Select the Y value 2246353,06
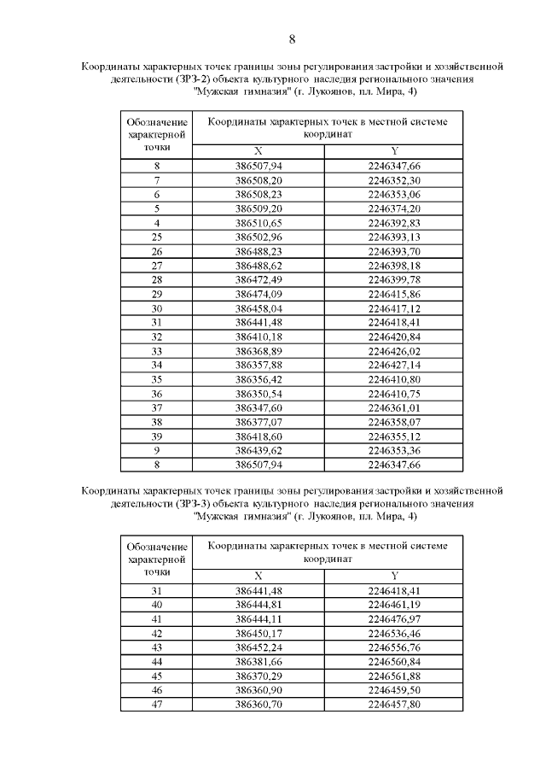tap(393, 194)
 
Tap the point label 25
tap(157, 236)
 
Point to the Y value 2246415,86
tap(393, 293)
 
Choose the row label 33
tap(157, 350)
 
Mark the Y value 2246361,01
tap(393, 407)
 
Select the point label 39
tap(157, 436)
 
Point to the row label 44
tap(157, 662)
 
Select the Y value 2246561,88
tap(393, 676)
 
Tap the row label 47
tap(157, 705)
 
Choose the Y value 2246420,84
tap(393, 336)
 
